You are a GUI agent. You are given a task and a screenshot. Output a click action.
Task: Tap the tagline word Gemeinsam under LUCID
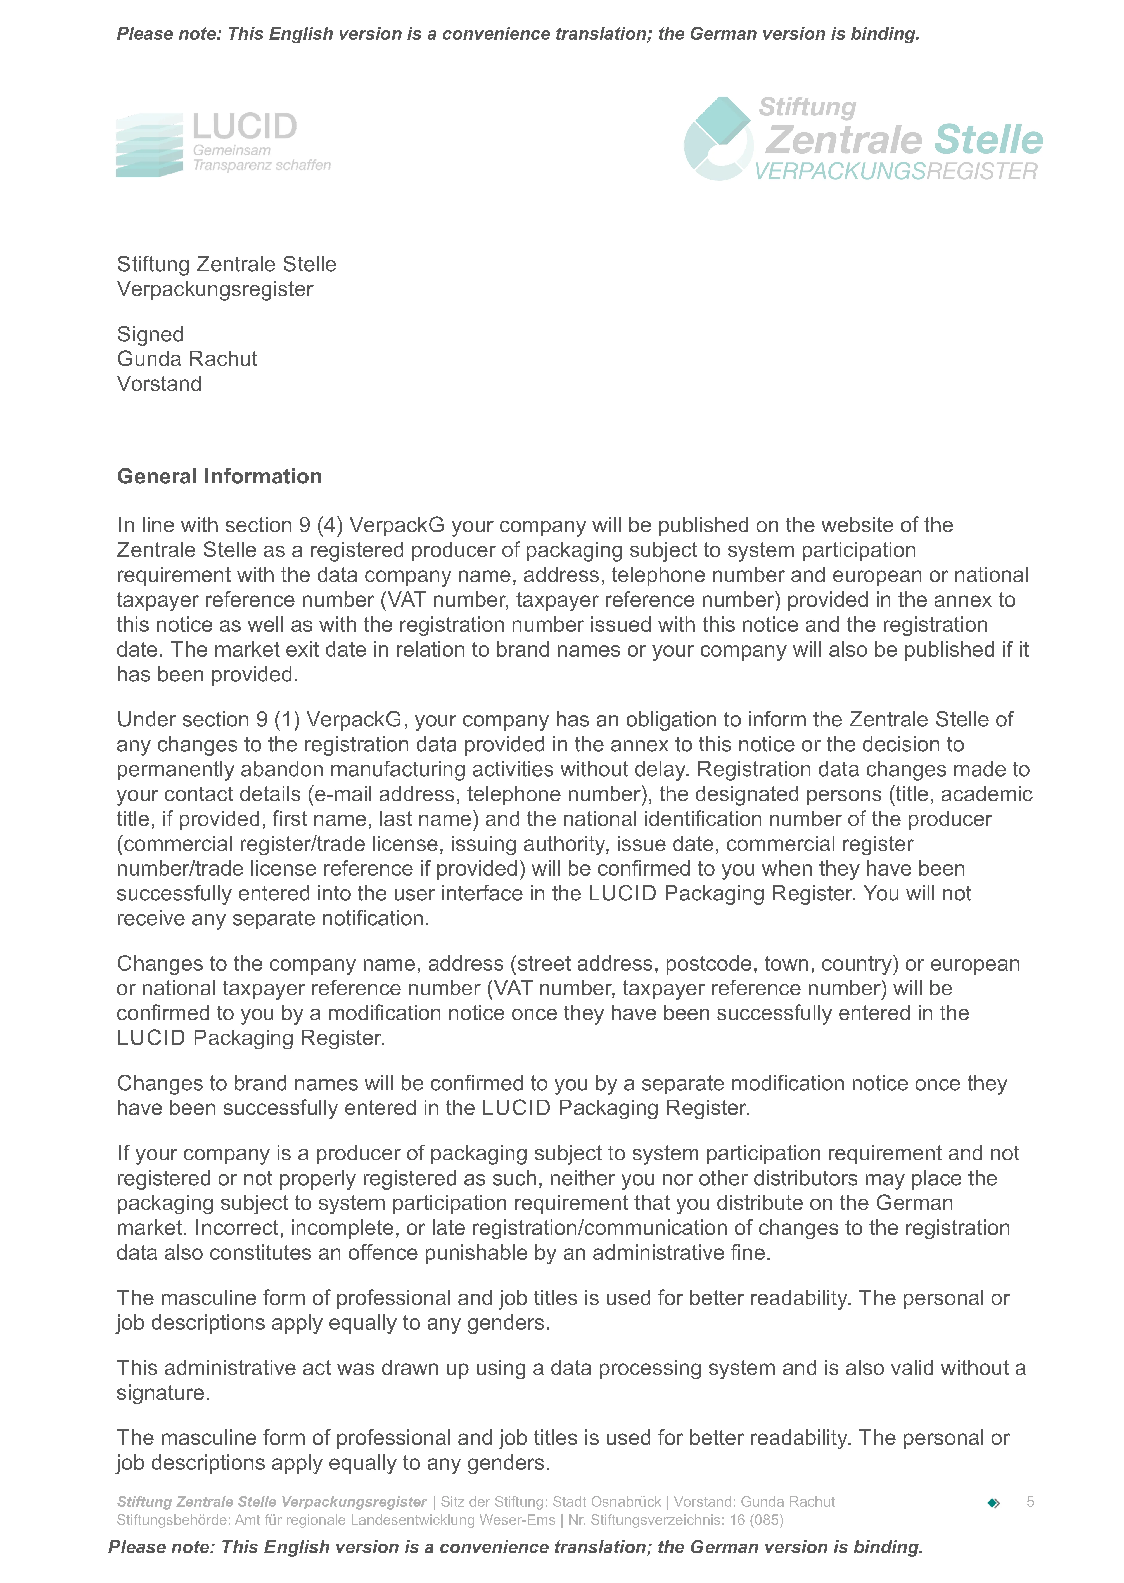click(x=231, y=150)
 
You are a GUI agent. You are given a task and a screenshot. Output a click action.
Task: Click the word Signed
click(x=150, y=334)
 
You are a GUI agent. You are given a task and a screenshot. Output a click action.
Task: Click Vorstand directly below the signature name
click(x=159, y=384)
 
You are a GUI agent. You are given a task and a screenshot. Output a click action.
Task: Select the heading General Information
click(x=219, y=476)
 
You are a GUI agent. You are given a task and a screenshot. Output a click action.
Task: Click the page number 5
click(x=1030, y=1501)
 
